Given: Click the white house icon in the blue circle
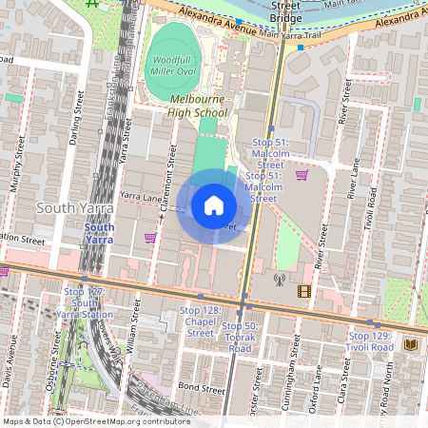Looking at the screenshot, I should pos(213,205).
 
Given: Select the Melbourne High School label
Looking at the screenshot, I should pos(199,106).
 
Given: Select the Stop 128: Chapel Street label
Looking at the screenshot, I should pos(200,321).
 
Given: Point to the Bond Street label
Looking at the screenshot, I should pos(201,388).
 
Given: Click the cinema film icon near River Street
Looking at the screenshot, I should pos(303,291).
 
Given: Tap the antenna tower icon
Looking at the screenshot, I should pos(280,280).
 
